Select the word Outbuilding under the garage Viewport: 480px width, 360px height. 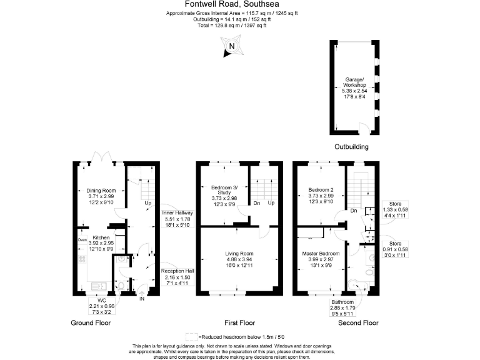[352, 147]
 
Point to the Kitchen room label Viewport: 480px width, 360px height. [101, 238]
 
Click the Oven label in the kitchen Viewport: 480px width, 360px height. [82, 239]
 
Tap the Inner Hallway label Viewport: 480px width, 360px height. [177, 212]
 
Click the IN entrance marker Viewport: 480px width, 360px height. [142, 299]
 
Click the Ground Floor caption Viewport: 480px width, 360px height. [92, 323]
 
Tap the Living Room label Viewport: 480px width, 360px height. [239, 254]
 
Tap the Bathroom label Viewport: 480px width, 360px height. [342, 301]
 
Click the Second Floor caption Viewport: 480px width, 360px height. [358, 323]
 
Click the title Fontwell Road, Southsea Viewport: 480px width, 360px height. [241, 4]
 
